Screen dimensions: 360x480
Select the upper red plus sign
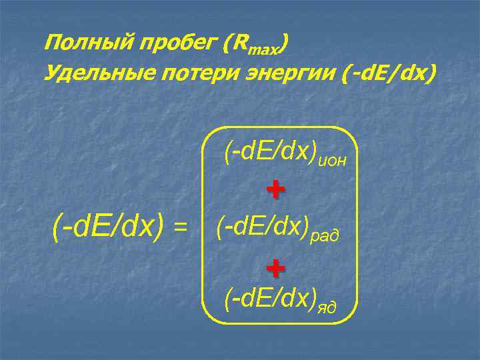(275, 190)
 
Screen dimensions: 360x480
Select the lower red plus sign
(275, 267)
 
